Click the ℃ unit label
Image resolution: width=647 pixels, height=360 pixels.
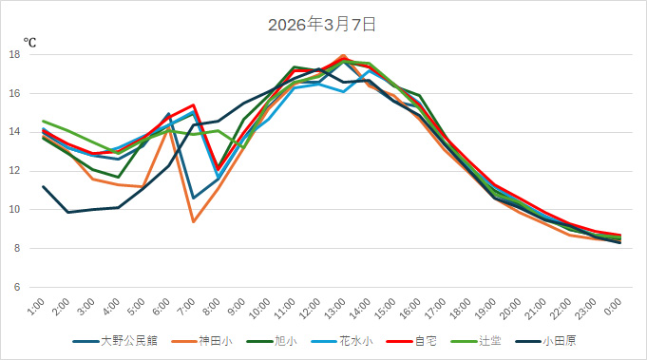coord(29,42)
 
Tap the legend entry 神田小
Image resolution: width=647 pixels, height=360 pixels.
coord(210,340)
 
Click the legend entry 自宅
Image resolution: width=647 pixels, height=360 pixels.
coord(425,340)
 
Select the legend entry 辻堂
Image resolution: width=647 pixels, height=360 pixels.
coord(492,340)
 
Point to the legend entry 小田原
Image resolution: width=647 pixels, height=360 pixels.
coord(560,340)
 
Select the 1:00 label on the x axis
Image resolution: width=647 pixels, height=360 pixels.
coord(38,307)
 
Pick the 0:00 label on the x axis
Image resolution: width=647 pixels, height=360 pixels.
coord(614,307)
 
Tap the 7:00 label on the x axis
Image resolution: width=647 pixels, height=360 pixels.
coord(188,307)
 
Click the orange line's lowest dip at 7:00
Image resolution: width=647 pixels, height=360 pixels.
coord(194,221)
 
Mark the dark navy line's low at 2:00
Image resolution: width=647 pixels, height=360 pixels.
coord(68,212)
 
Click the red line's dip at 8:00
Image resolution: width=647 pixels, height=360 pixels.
coord(219,169)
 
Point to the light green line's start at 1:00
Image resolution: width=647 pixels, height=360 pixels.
coord(44,122)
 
